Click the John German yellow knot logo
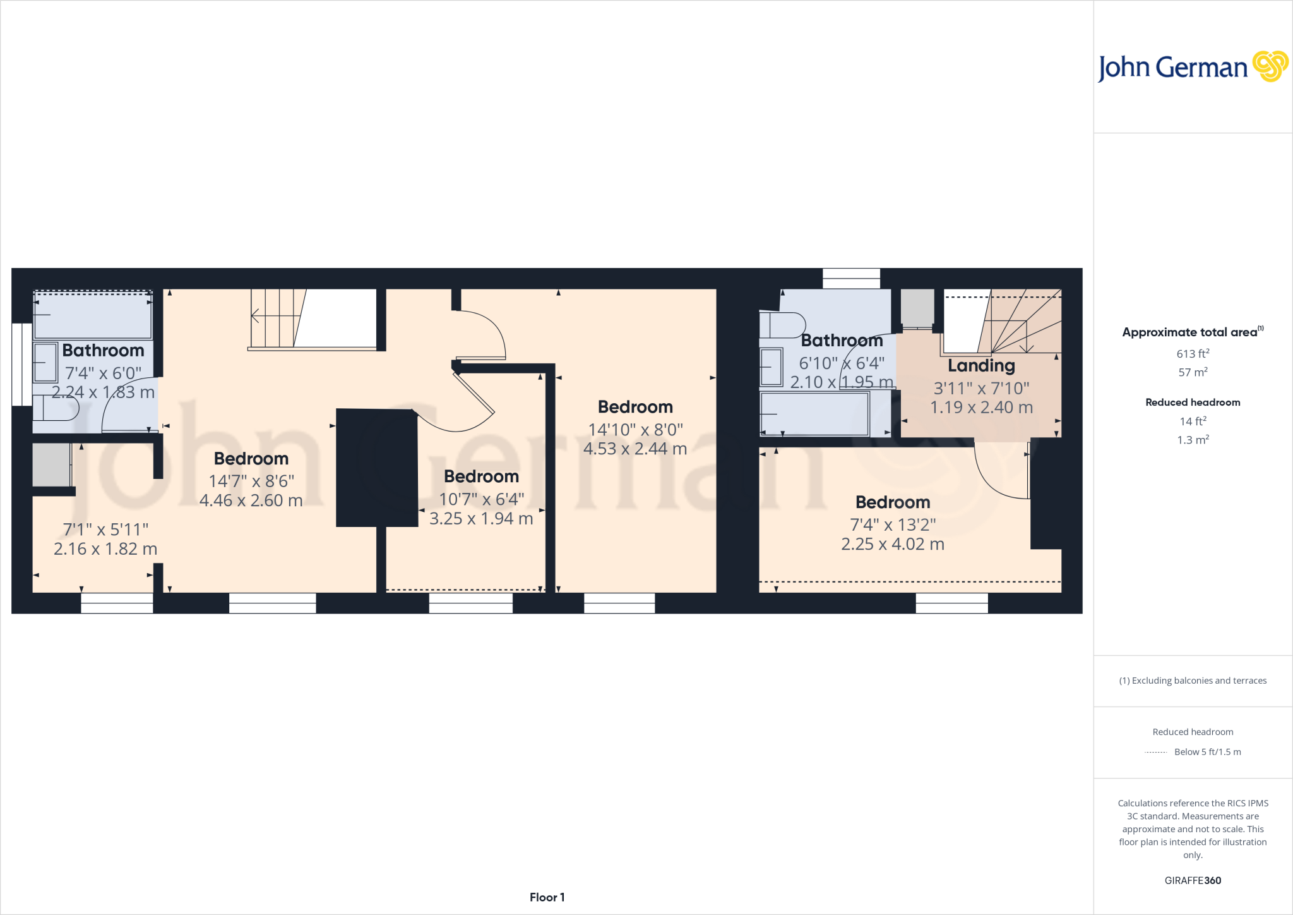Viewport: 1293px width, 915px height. (1270, 66)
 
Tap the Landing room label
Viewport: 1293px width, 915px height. (981, 366)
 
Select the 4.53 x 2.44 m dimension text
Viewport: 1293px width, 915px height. (635, 449)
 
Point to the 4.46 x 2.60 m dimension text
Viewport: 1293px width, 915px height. (251, 500)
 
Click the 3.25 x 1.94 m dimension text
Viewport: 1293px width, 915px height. (481, 519)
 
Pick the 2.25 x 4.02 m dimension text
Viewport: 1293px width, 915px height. (892, 544)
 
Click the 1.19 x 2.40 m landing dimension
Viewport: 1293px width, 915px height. (981, 408)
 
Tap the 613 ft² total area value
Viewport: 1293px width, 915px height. (1193, 354)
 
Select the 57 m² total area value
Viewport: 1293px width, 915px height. (1193, 372)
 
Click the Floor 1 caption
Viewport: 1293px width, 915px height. (547, 897)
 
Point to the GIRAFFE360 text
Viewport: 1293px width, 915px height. (1193, 880)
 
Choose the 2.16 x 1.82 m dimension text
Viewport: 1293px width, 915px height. (105, 549)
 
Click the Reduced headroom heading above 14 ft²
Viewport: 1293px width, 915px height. (1193, 403)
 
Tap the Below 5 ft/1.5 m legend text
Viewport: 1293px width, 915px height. (1207, 752)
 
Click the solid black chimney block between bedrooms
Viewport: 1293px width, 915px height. (376, 468)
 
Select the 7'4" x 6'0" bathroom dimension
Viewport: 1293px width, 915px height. (103, 373)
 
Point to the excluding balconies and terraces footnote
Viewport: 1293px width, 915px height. (1193, 681)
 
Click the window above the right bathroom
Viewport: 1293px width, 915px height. (851, 278)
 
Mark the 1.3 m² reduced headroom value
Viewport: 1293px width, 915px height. (1193, 440)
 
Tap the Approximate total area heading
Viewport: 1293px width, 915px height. (1189, 332)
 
